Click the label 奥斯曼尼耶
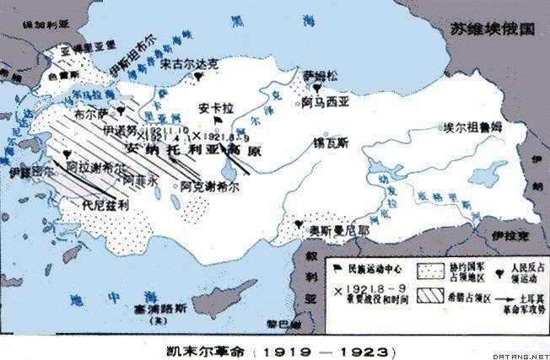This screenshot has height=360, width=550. pos(326,228)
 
